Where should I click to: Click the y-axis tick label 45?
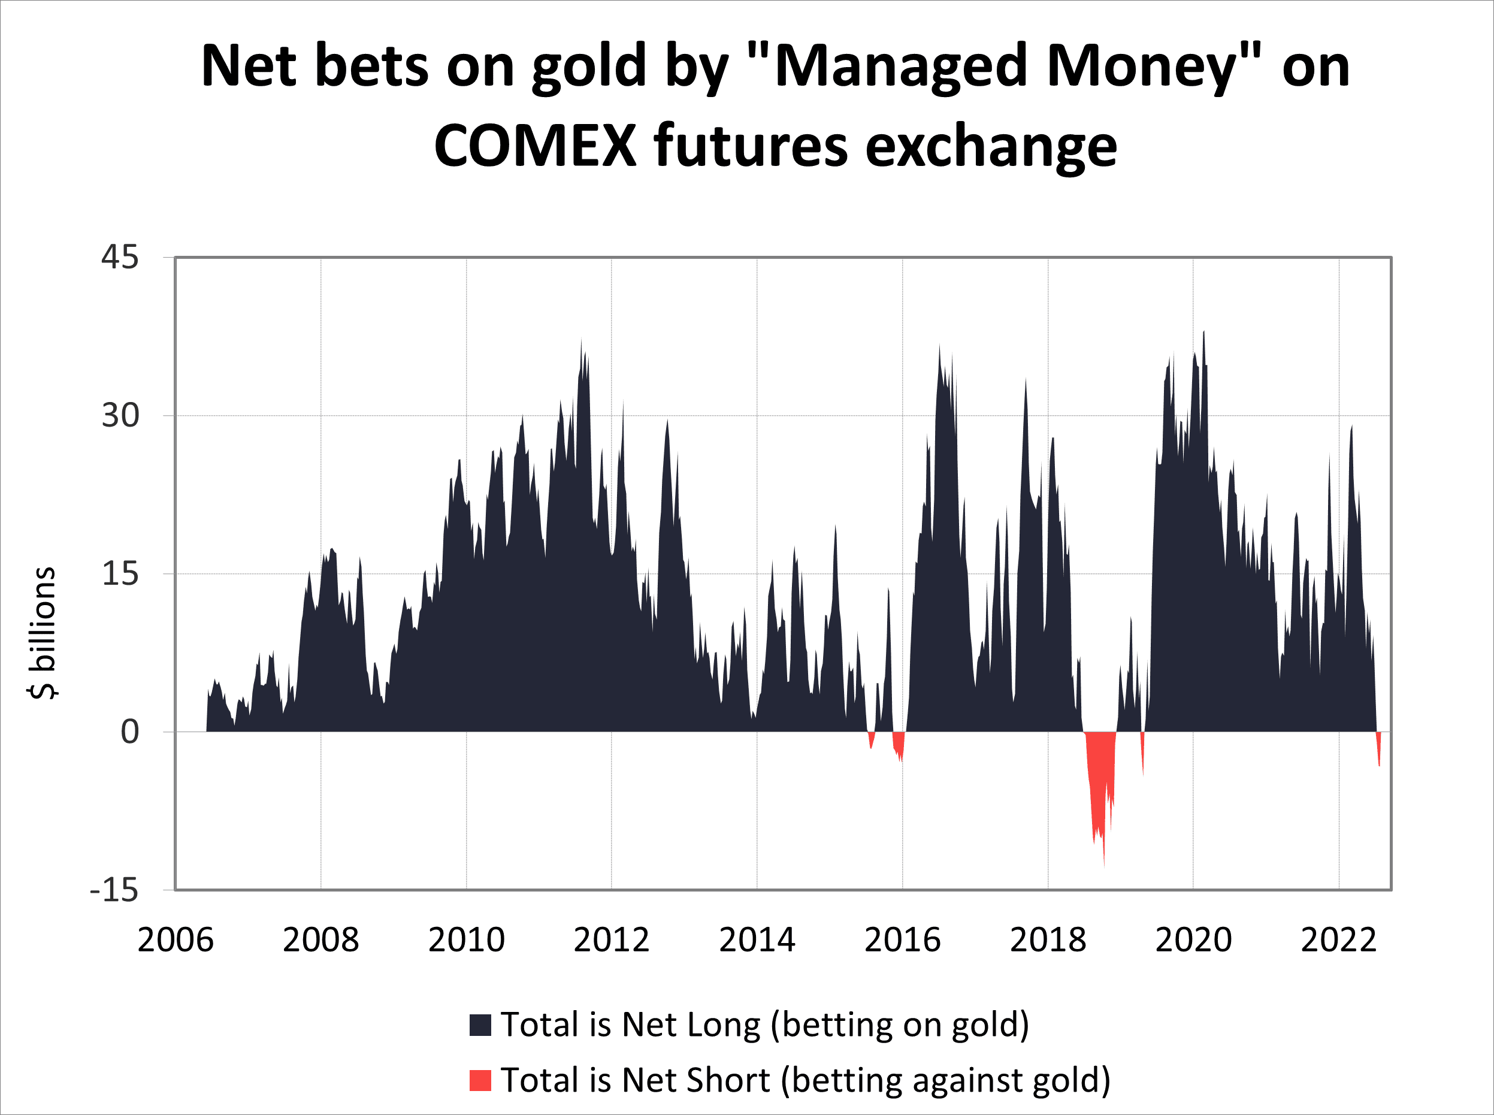click(120, 257)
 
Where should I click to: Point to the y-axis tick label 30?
click(120, 415)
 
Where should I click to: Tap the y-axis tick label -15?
click(114, 890)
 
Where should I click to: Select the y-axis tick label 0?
click(129, 732)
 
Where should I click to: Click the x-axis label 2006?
click(176, 940)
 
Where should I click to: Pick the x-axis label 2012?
click(612, 940)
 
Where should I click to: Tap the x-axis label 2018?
click(1048, 940)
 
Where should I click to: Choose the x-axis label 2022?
click(1339, 940)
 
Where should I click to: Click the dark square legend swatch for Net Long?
click(480, 1024)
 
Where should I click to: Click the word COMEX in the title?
click(535, 146)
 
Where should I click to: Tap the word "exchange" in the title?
click(991, 146)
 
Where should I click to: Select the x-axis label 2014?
click(757, 940)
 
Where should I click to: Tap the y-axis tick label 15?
click(120, 574)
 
